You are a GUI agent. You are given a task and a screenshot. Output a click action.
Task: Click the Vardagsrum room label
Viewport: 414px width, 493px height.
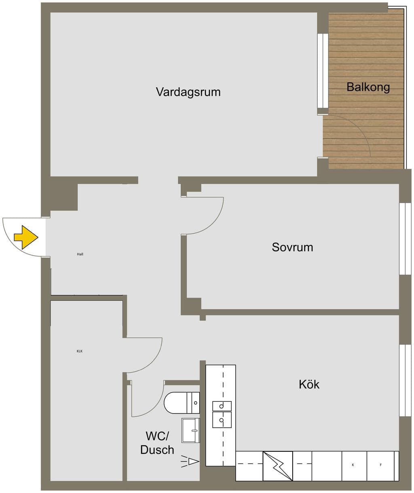click(188, 92)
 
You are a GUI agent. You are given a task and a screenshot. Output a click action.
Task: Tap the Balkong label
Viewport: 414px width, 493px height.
click(368, 87)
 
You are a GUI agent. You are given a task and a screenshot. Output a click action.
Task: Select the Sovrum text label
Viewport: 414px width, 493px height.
click(292, 247)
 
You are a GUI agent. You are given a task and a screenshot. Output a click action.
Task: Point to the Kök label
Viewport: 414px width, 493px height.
click(309, 384)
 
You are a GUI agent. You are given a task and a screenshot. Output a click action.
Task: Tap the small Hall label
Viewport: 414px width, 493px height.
click(80, 254)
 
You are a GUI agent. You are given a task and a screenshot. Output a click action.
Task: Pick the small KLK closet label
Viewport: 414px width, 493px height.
click(79, 351)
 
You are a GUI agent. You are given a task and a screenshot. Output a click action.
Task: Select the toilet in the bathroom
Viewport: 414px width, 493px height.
click(182, 403)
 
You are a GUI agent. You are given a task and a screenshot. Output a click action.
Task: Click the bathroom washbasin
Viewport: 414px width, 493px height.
click(190, 430)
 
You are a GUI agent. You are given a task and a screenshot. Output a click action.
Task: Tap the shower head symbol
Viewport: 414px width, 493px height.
click(190, 462)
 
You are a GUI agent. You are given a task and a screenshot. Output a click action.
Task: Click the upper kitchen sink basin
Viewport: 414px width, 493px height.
click(222, 406)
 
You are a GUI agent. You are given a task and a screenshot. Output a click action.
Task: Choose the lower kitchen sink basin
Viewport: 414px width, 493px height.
click(222, 420)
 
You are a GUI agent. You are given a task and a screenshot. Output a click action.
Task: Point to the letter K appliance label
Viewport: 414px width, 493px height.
click(353, 465)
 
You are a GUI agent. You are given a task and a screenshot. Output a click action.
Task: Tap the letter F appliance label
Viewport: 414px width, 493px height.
click(381, 465)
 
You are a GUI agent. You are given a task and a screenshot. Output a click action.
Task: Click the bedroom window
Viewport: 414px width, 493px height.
click(405, 239)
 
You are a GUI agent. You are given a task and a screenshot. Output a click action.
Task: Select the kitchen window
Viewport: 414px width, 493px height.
click(405, 380)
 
